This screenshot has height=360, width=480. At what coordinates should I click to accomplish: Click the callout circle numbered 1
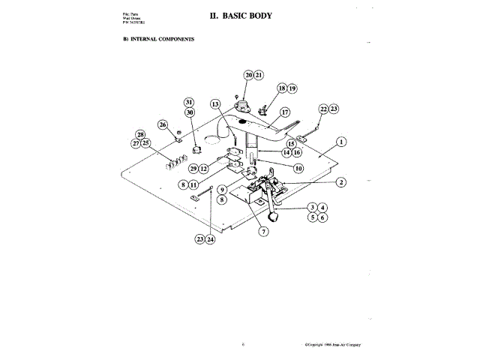click(340, 141)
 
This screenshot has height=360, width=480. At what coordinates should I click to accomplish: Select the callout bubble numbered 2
click(340, 181)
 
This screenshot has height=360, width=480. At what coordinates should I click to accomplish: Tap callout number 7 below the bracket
click(262, 232)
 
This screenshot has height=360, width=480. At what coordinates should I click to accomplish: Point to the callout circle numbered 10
click(298, 169)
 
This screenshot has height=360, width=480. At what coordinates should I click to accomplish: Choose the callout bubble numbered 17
click(284, 112)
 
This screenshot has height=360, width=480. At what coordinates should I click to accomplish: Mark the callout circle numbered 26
click(163, 124)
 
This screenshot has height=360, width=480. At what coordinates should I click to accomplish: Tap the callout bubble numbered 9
click(223, 190)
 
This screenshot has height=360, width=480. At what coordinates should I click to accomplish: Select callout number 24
click(211, 239)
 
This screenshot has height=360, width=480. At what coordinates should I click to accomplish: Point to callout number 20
click(249, 75)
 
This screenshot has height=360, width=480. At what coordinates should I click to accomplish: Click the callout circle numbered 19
click(292, 88)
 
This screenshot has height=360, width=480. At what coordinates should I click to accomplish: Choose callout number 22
click(324, 109)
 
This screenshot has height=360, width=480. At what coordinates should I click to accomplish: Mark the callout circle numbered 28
click(140, 134)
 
